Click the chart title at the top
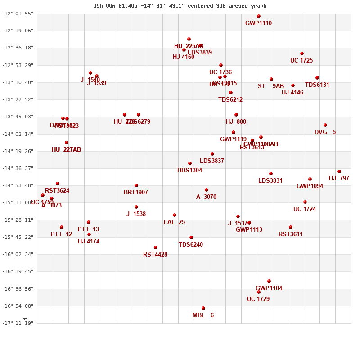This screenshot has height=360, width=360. pyautogui.click(x=180, y=6)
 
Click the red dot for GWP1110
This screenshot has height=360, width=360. pyautogui.click(x=259, y=16)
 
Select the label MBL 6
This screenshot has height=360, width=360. pyautogui.click(x=203, y=315)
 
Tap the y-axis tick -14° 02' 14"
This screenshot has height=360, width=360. pyautogui.click(x=18, y=134)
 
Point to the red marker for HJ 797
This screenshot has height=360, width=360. pyautogui.click(x=339, y=171)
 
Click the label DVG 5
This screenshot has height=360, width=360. pyautogui.click(x=325, y=132)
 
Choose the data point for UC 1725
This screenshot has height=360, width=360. pyautogui.click(x=302, y=54)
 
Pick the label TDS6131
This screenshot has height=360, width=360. pyautogui.click(x=317, y=85)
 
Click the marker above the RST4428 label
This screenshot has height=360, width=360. pyautogui.click(x=156, y=247)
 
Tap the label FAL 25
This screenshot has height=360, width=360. pyautogui.click(x=174, y=222)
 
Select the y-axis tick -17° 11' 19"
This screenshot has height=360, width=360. pyautogui.click(x=18, y=323)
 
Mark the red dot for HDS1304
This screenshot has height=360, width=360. pyautogui.click(x=190, y=163)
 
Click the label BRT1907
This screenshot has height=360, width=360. pyautogui.click(x=136, y=192)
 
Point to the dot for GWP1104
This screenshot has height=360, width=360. pyautogui.click(x=269, y=281)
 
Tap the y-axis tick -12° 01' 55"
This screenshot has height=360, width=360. pyautogui.click(x=18, y=13)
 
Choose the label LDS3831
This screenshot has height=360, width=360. pyautogui.click(x=270, y=180)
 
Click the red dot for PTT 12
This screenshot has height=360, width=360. pyautogui.click(x=62, y=227)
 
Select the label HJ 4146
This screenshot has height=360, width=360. pyautogui.click(x=292, y=92)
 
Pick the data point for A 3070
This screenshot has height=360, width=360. pyautogui.click(x=207, y=190)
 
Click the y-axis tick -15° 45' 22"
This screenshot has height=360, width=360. pyautogui.click(x=18, y=237)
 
